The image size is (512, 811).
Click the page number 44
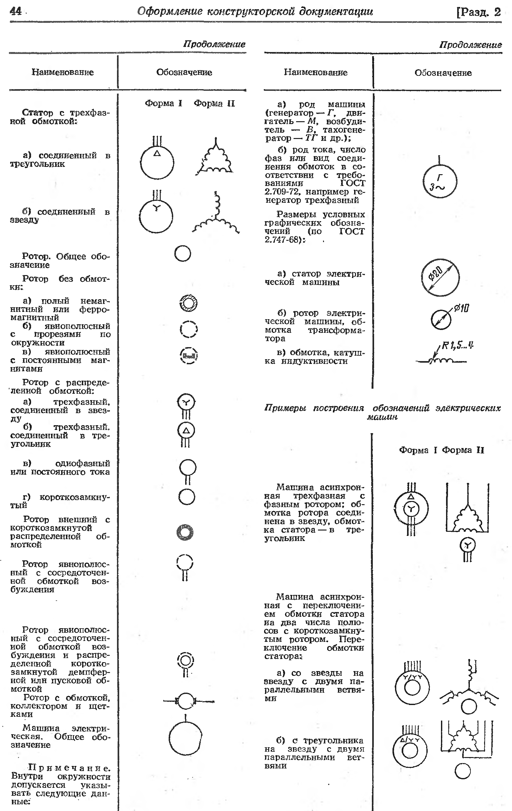tap(16, 11)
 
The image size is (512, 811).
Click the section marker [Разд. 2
tap(478, 12)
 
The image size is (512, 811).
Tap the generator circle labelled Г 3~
tap(440, 181)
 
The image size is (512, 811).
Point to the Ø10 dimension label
tap(461, 308)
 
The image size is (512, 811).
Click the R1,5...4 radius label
tap(457, 345)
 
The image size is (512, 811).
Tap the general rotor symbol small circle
tap(182, 254)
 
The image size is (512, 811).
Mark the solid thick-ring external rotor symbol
tap(185, 532)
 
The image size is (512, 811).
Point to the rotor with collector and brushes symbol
tap(185, 701)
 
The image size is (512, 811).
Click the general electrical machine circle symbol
tap(185, 738)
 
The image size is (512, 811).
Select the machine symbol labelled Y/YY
tap(412, 686)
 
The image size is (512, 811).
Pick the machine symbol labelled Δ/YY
tap(410, 750)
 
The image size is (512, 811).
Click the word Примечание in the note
tap(69, 768)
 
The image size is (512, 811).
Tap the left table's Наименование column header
tap(62, 72)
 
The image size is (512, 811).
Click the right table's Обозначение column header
tap(443, 73)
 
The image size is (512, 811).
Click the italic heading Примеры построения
tap(314, 408)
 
